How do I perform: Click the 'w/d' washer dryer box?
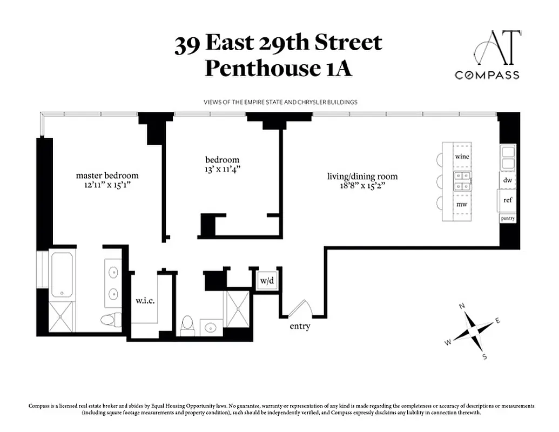[266, 281]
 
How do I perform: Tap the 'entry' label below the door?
[300, 326]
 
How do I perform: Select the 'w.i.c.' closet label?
[145, 301]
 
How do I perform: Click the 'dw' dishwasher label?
[507, 180]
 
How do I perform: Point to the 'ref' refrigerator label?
[507, 200]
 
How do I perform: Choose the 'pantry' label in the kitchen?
[507, 218]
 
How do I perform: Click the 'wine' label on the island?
[461, 156]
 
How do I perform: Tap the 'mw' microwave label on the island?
[461, 205]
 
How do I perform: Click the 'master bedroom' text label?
[107, 175]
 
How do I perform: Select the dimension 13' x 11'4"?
[222, 169]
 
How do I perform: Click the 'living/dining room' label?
[362, 176]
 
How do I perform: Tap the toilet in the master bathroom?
[109, 320]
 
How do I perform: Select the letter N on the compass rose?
[462, 306]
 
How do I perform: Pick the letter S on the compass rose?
[484, 356]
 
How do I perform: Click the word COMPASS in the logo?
[487, 75]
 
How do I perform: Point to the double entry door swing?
[300, 309]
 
